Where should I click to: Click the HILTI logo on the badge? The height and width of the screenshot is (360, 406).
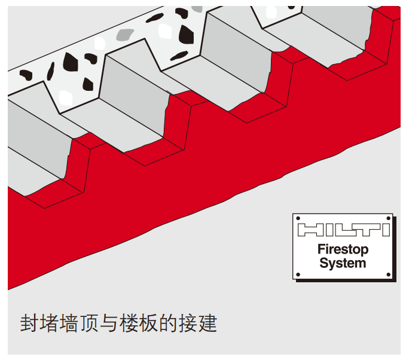pyautogui.click(x=343, y=230)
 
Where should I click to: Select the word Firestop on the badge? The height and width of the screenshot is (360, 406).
pyautogui.click(x=343, y=249)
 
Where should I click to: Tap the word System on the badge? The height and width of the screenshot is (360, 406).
pyautogui.click(x=343, y=263)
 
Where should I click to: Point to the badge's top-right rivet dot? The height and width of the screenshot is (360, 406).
pyautogui.click(x=389, y=218)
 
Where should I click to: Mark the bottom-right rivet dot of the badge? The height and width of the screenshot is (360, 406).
pyautogui.click(x=389, y=275)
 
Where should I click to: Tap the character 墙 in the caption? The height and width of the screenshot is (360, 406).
pyautogui.click(x=69, y=324)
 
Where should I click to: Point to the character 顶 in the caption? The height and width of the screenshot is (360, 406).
pyautogui.click(x=89, y=324)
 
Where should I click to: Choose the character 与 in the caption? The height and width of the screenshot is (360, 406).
pyautogui.click(x=109, y=324)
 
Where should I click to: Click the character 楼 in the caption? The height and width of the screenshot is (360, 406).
pyautogui.click(x=129, y=324)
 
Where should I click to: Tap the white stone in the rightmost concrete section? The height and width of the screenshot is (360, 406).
pyautogui.click(x=271, y=12)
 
